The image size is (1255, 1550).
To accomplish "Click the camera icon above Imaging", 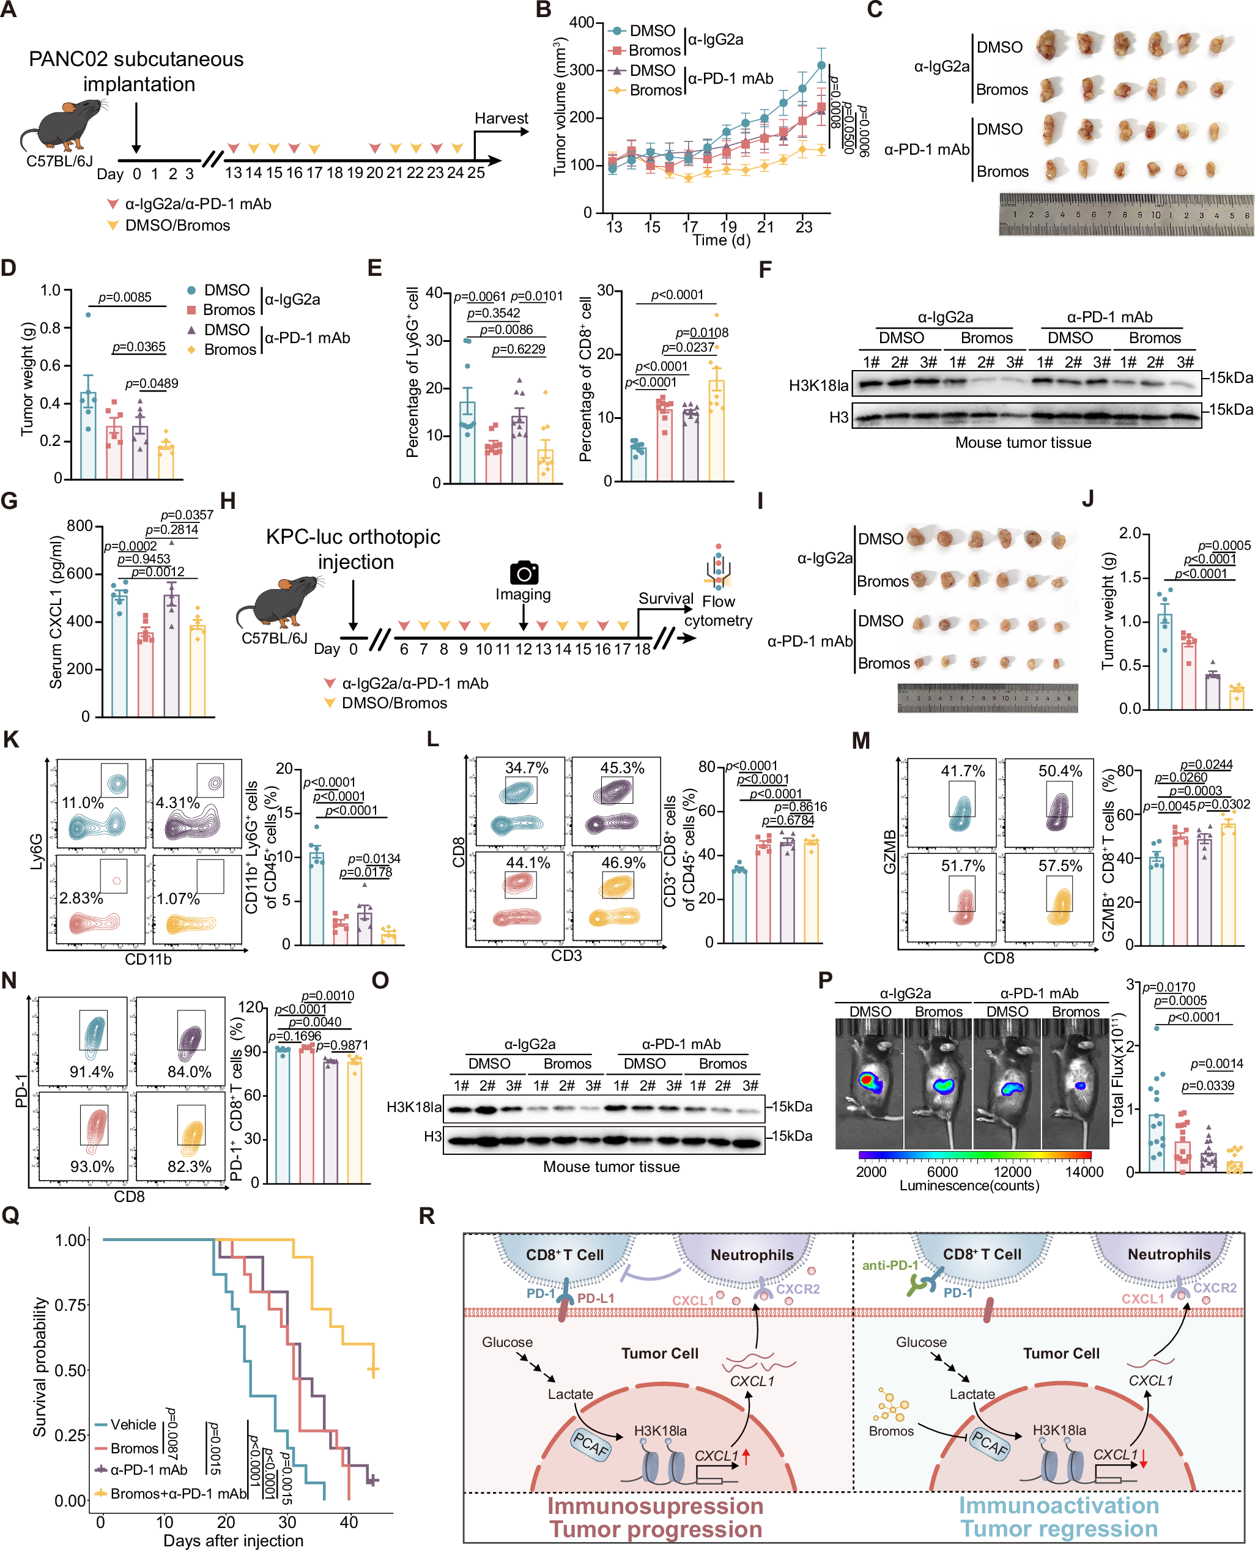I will (524, 573).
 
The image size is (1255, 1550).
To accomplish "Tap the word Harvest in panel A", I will (501, 118).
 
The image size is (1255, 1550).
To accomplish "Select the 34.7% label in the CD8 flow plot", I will (527, 768).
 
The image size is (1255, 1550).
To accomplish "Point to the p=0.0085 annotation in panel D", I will (124, 297).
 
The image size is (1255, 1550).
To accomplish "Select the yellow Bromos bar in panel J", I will (1237, 698).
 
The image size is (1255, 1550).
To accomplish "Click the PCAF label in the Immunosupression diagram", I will (591, 1444).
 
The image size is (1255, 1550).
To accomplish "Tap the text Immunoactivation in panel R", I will (1058, 1506).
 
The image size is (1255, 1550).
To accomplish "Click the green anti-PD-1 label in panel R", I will (889, 1265).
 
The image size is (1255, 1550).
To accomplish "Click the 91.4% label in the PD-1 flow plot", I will (91, 1072).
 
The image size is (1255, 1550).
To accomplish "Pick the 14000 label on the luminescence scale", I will (1084, 1171).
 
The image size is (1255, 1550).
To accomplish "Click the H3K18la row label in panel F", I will (818, 385).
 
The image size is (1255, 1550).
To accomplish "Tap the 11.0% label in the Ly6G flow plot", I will (83, 803).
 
